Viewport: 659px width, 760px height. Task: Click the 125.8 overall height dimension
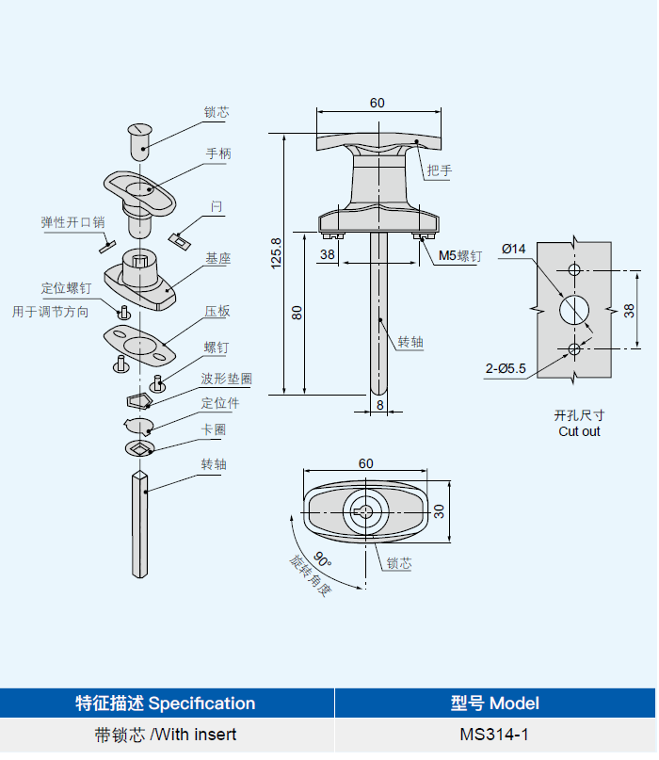276,253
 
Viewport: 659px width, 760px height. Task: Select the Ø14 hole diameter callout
514,250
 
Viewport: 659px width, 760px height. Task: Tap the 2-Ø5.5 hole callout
506,369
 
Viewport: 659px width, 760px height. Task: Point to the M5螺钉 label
460,256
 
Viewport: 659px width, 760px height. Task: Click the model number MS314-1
493,735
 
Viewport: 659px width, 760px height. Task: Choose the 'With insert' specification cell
166,735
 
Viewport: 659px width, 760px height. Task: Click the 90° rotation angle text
322,559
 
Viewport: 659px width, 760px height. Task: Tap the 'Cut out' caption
579,431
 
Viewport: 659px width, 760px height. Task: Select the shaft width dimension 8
379,405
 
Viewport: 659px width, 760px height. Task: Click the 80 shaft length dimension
297,313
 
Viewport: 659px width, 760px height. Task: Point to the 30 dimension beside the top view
439,511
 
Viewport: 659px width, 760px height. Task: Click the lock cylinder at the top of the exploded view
140,141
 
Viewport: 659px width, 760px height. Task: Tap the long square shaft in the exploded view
139,524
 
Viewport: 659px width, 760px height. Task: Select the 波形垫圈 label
226,379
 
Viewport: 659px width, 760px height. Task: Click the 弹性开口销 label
72,222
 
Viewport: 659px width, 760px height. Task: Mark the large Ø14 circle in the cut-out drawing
574,309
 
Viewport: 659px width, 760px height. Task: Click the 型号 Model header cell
494,703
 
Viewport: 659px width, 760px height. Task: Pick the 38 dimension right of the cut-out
629,310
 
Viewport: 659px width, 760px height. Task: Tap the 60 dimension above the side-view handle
377,103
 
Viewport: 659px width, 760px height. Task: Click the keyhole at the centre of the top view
364,511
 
